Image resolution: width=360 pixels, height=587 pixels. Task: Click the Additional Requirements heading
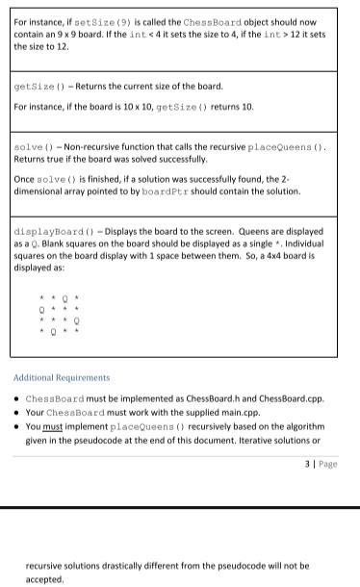click(x=62, y=378)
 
